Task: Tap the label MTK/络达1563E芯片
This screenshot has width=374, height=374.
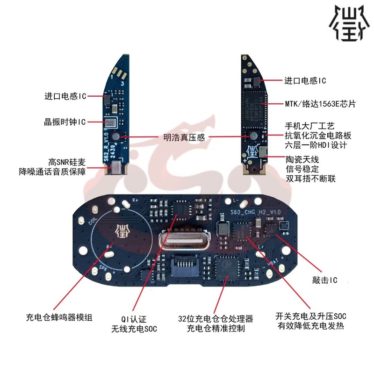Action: pos(320,104)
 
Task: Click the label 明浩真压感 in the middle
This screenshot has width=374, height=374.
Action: pos(184,137)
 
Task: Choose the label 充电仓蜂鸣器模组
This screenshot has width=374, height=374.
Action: pos(59,317)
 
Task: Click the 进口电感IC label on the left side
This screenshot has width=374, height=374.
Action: pos(65,96)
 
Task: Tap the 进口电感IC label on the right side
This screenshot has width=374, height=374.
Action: pos(305,81)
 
